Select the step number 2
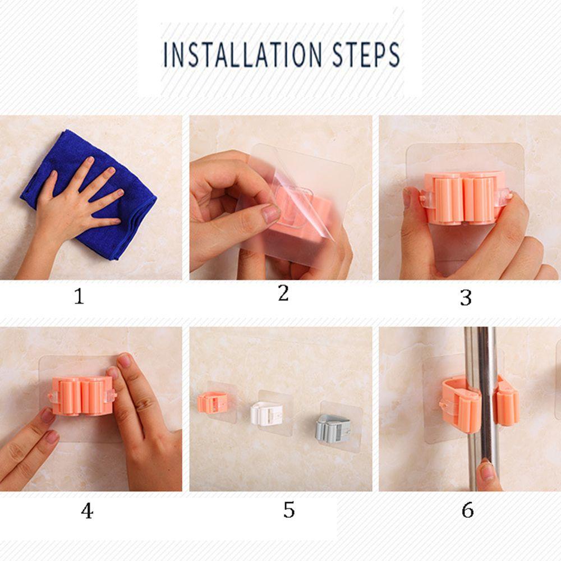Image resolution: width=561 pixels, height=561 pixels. coord(283,293)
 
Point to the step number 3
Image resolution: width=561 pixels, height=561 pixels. coord(466,298)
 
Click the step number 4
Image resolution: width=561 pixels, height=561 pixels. coord(86,511)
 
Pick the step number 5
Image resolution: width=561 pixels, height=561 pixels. coord(288,510)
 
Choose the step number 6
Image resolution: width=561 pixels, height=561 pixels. coord(467,510)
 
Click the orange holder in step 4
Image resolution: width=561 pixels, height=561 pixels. coord(81,396)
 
